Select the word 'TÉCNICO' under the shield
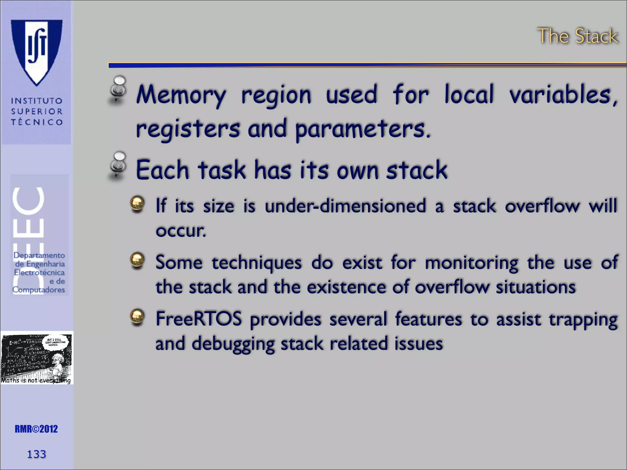point(37,122)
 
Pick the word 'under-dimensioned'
point(345,206)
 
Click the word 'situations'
point(536,287)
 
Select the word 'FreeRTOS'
point(199,319)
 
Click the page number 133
point(36,454)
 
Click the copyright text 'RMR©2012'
point(36,429)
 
